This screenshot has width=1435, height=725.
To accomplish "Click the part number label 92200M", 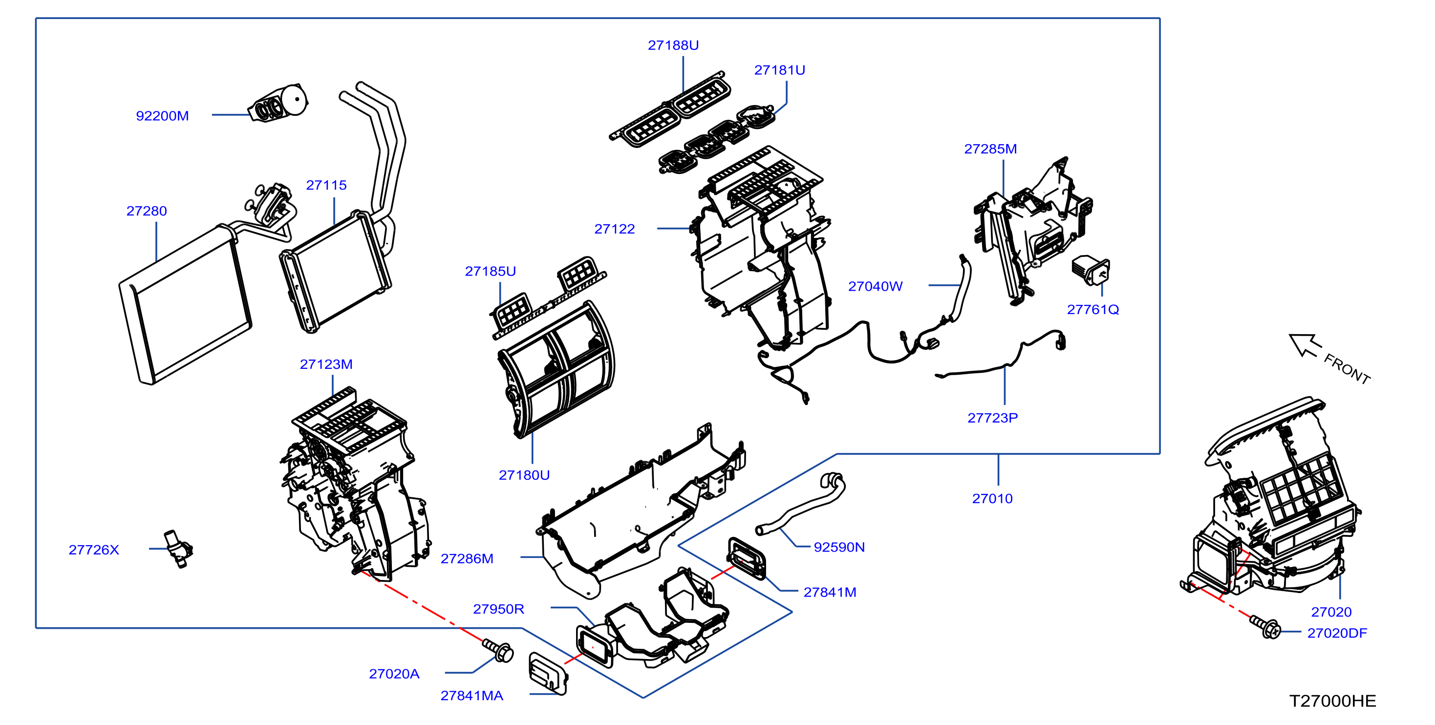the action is [x=162, y=116].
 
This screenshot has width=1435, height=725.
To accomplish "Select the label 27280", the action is [x=147, y=211].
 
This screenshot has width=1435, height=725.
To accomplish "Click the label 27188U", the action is [x=673, y=45].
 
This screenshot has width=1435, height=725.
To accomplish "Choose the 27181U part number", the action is [x=779, y=70].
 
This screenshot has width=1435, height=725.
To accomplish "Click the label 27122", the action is [x=615, y=229].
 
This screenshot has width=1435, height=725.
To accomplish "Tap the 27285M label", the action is [x=990, y=149].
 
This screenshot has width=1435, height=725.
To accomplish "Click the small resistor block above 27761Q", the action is [x=1091, y=270].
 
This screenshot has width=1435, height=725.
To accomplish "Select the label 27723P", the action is [x=993, y=418].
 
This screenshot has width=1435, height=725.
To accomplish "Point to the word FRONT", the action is [x=1347, y=369].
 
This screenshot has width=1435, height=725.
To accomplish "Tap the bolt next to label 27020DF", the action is [x=1265, y=627].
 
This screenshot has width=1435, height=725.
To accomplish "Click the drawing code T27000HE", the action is [x=1332, y=701].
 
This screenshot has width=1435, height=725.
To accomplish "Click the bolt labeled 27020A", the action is [x=497, y=650].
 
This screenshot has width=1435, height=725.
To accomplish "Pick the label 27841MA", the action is [x=472, y=696].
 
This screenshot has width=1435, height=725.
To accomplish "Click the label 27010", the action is [x=992, y=498].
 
